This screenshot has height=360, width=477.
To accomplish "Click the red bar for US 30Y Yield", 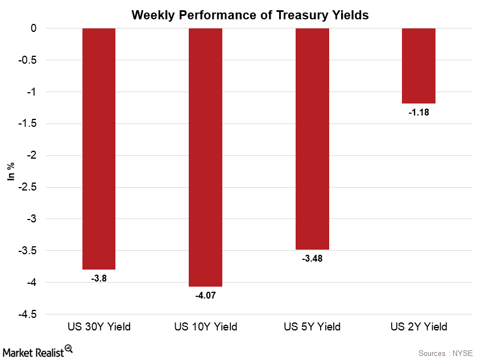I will [99, 148].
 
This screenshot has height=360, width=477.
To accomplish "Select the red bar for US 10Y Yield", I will [205, 157].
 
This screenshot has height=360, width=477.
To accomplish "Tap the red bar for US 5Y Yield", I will [312, 139].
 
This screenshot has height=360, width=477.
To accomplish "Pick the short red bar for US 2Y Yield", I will [418, 66].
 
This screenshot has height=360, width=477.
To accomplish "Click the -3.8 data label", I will [99, 279].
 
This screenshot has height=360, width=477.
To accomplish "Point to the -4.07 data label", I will [205, 296].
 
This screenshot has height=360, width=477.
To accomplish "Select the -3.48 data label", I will [312, 259].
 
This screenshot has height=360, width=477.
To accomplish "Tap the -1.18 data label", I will [418, 113].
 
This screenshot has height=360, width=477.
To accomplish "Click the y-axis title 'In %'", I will [11, 171].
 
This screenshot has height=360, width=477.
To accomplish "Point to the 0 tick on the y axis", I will [34, 28].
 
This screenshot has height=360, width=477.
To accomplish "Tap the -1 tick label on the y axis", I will [32, 92].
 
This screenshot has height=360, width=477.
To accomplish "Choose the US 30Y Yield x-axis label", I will [99, 327].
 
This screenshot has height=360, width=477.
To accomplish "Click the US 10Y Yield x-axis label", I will [205, 327].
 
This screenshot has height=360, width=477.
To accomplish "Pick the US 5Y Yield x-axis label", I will [312, 327].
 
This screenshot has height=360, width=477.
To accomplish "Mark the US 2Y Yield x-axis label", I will [418, 327].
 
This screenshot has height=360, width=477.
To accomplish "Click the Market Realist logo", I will [39, 349].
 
